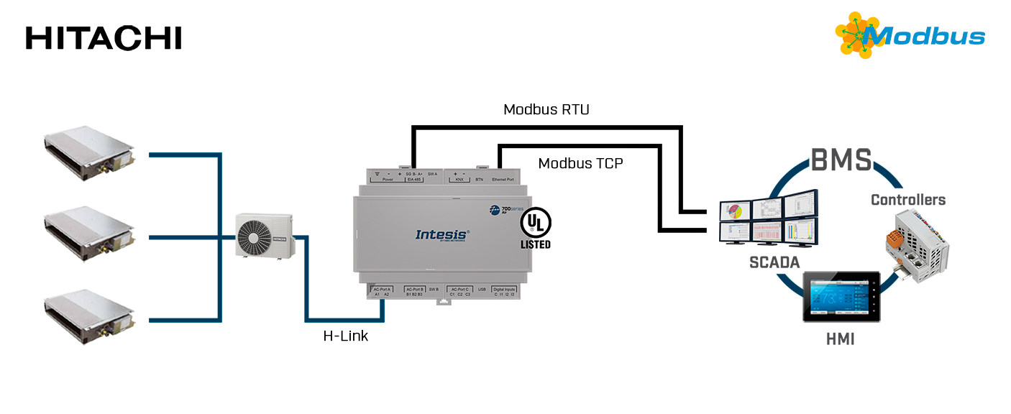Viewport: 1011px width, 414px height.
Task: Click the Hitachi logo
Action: (x=104, y=38)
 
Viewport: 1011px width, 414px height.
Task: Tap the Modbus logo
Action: (x=910, y=35)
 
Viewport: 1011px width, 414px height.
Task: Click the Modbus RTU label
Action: (x=546, y=109)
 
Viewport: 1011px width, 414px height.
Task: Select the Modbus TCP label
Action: (x=580, y=163)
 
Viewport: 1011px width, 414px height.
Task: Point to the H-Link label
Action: (x=345, y=336)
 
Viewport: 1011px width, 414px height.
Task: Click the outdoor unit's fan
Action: (x=253, y=235)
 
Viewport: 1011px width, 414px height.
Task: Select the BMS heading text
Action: (x=841, y=160)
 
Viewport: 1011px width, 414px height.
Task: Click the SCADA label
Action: (x=774, y=263)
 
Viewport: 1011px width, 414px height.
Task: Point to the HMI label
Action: (x=840, y=339)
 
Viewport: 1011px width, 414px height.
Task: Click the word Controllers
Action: (x=907, y=200)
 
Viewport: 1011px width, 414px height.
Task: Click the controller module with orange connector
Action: (x=915, y=246)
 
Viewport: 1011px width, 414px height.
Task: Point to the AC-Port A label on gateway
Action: (x=382, y=289)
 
